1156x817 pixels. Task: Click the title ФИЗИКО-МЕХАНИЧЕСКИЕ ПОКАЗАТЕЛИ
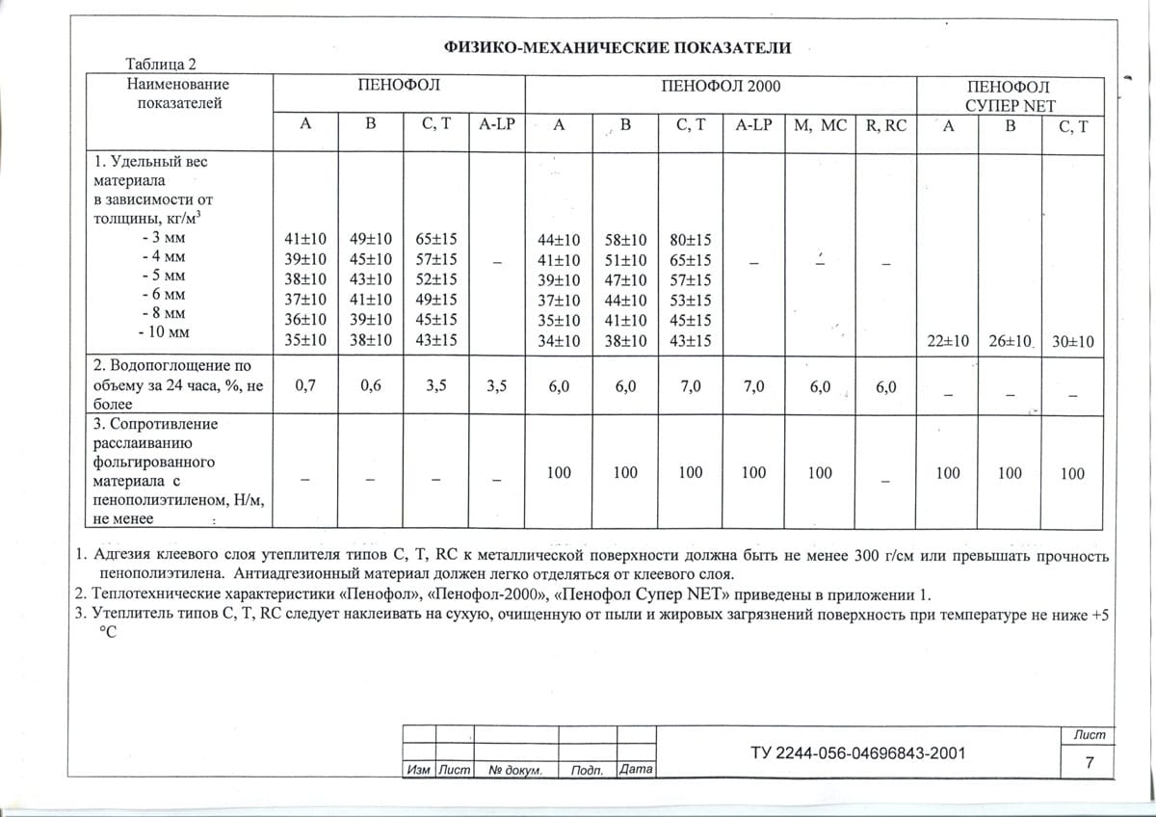pos(617,47)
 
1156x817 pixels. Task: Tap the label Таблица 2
pos(161,65)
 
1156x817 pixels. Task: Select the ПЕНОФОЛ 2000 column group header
pos(722,86)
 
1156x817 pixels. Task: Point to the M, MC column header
pos(819,125)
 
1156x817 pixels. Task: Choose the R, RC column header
pos(886,125)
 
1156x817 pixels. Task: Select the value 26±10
pos(1011,341)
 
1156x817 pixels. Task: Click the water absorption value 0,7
pos(305,386)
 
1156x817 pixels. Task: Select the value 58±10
pos(625,240)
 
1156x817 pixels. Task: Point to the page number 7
pos(1089,763)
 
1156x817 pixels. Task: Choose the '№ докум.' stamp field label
pos(516,771)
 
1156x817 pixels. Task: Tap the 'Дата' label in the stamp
pos(637,770)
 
